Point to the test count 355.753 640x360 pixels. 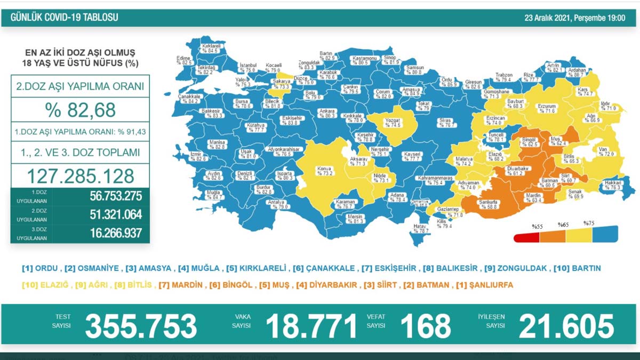pos(141,326)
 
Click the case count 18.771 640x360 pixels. pos(311,326)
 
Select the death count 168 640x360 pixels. pos(426,326)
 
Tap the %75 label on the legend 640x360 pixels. pos(589,223)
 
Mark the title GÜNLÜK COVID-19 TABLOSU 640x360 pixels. pos(65,18)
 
